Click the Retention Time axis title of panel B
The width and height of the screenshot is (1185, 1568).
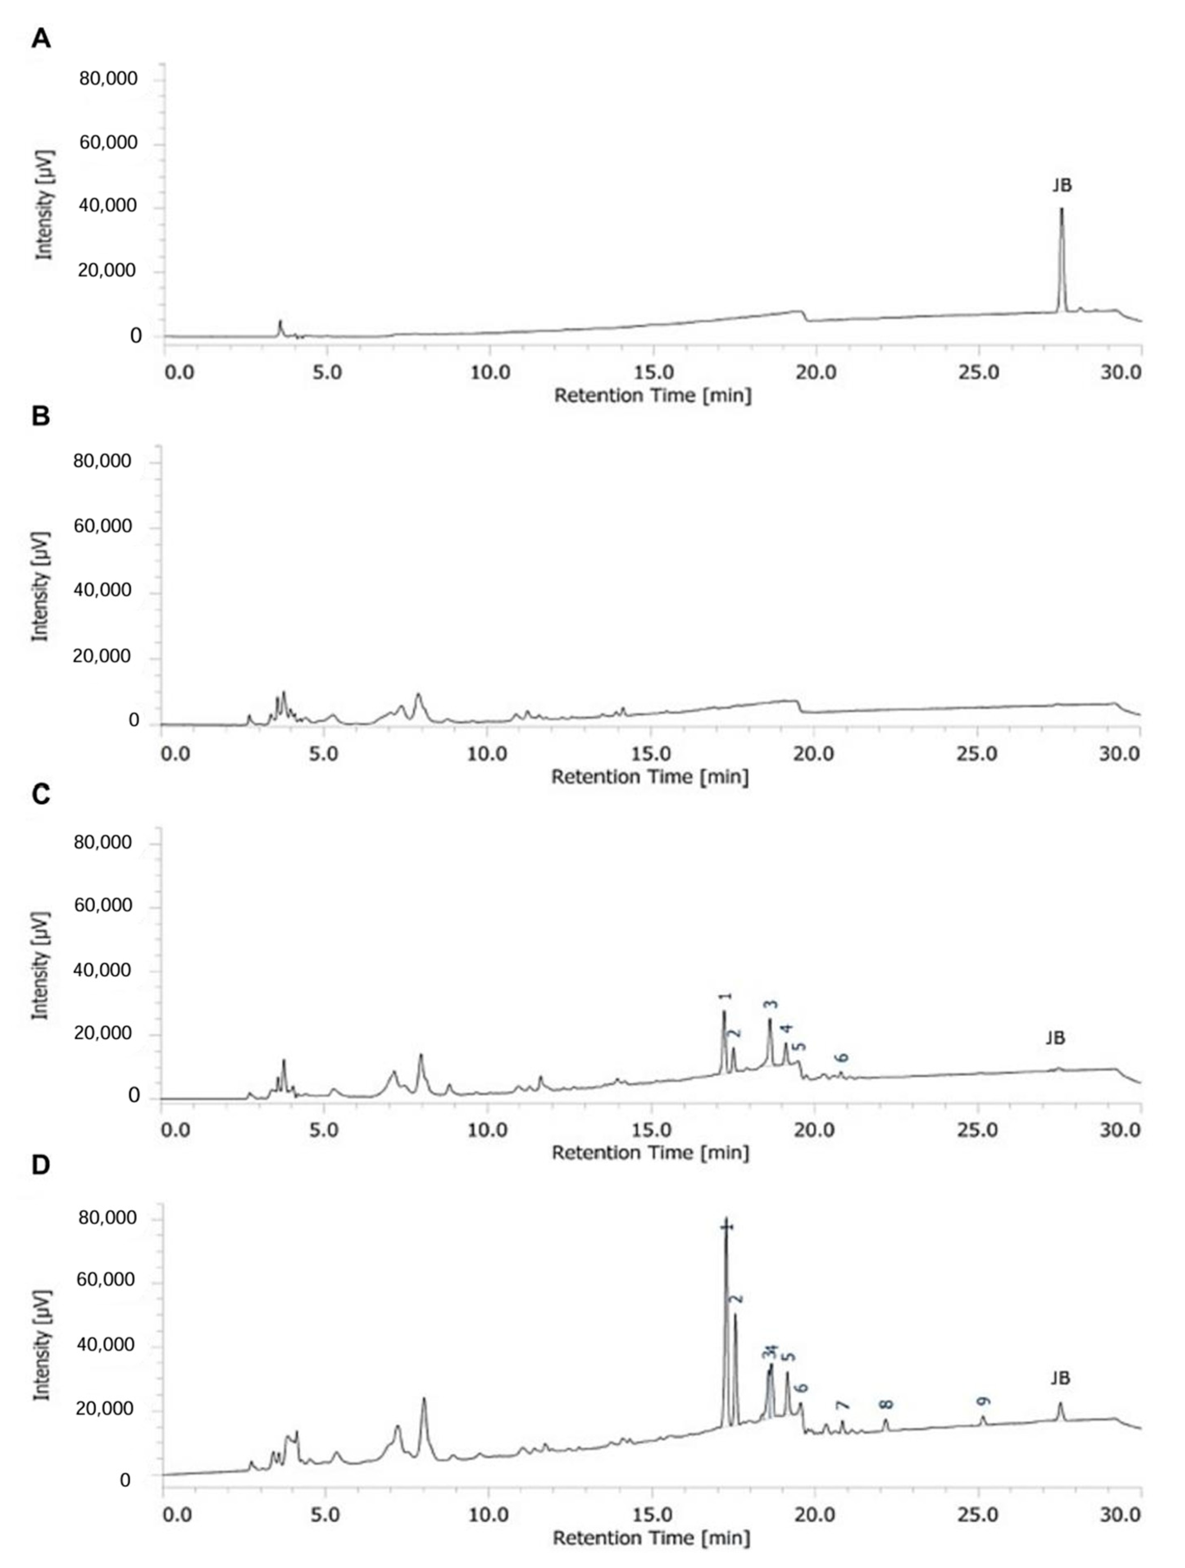[x=650, y=777]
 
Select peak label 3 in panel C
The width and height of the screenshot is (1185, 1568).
[x=770, y=1004]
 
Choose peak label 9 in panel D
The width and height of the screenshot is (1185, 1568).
[x=983, y=1402]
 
